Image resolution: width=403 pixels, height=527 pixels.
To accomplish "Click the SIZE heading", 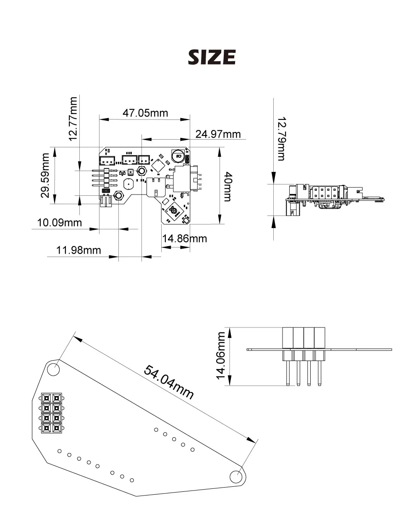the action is (212, 57).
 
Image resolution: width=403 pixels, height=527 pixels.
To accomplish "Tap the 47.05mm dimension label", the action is (145, 113).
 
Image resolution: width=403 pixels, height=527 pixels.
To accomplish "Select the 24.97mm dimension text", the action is (218, 134).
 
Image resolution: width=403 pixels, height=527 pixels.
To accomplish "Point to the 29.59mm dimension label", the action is (45, 175).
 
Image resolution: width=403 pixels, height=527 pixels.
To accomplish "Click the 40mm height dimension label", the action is (228, 187).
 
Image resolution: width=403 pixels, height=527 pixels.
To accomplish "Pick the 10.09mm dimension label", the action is (59, 223).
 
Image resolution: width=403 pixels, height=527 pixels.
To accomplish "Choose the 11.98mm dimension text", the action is (79, 250).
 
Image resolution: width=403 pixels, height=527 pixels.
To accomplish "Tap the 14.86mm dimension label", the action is (185, 239).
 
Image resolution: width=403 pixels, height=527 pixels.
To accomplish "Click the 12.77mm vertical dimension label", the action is (73, 119).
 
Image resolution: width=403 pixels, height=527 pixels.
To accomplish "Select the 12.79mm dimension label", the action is (281, 139).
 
